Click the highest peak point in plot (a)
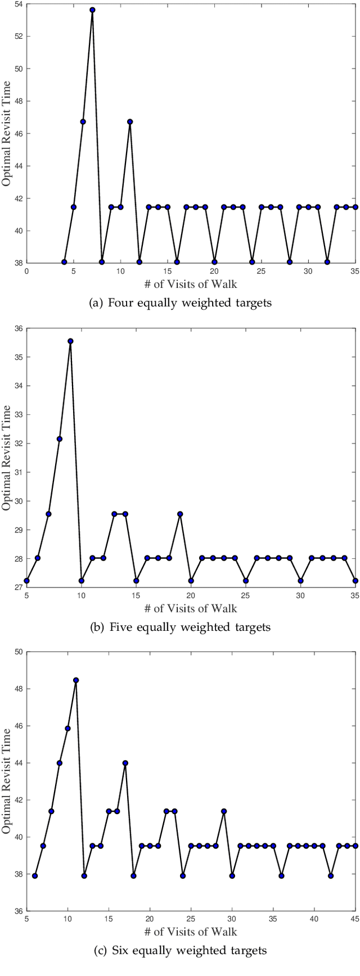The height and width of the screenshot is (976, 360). pos(92,10)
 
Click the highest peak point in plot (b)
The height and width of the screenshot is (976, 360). pos(70,341)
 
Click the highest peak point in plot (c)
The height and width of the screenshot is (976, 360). pos(76,680)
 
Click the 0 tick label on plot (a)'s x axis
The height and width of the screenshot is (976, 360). pos(26,270)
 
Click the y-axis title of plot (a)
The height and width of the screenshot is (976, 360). pos(6,133)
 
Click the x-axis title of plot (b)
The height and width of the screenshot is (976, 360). pos(191,608)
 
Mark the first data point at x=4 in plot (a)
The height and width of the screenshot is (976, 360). pos(64,262)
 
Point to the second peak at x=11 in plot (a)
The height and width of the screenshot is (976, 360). pos(130,121)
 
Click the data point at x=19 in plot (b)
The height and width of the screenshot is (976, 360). pos(180,514)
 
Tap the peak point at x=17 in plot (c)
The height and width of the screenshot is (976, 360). pos(125,763)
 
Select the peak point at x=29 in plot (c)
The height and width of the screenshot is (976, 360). pos(224,811)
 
